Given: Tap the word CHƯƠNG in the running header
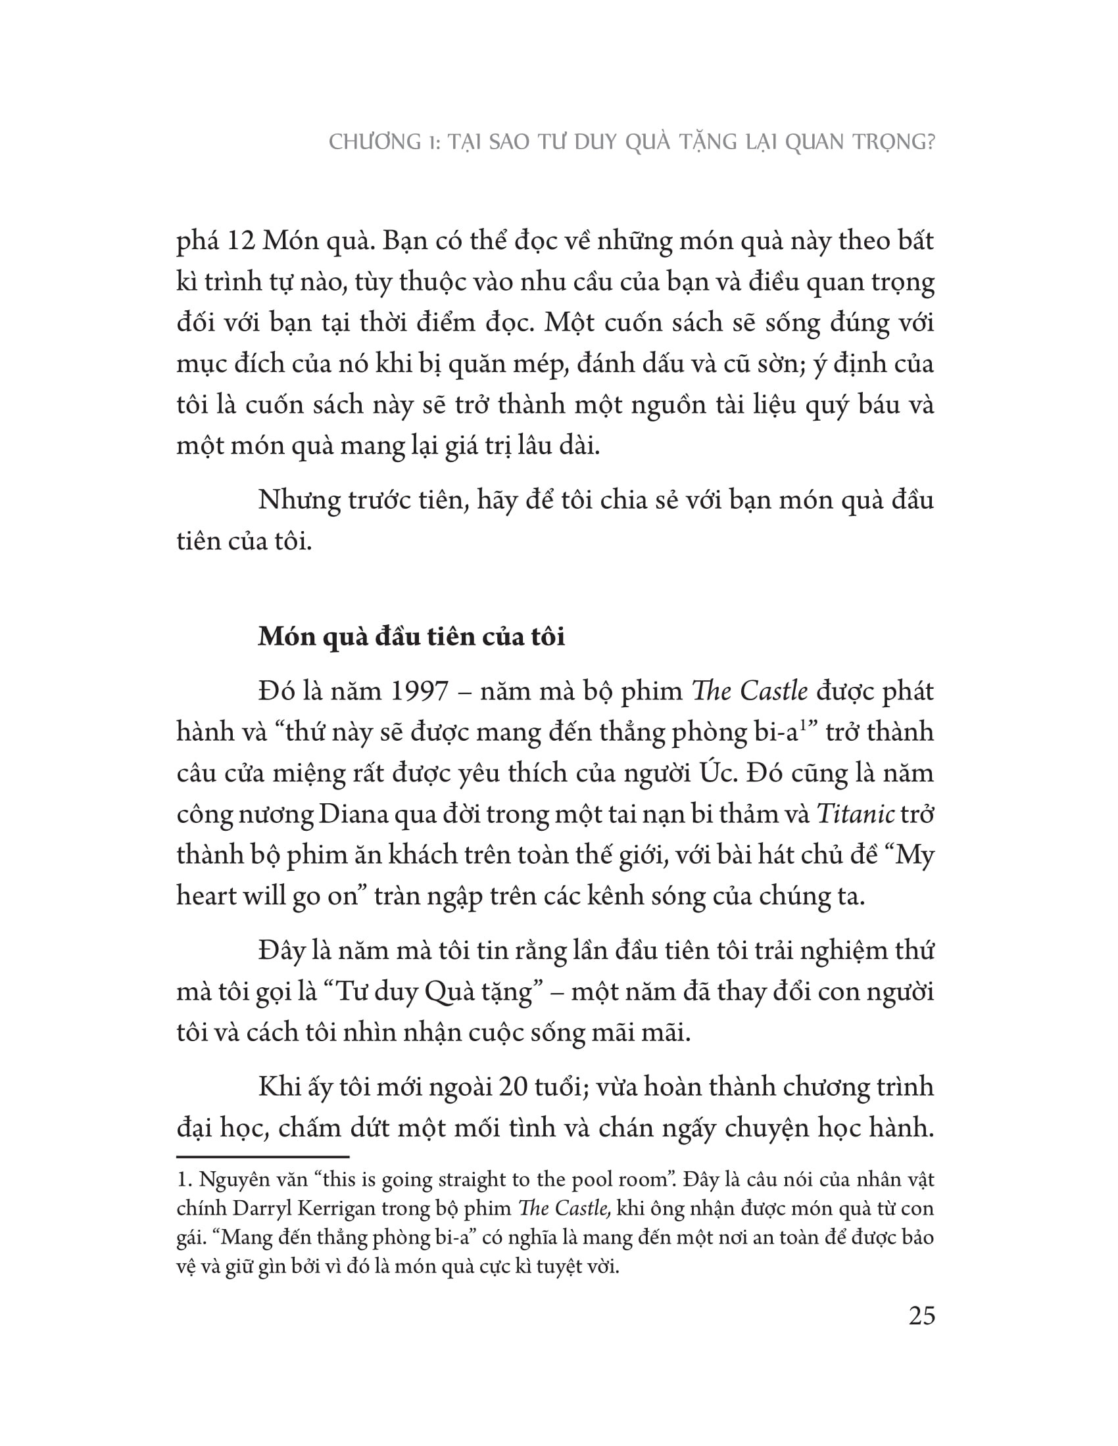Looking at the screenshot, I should tap(375, 142).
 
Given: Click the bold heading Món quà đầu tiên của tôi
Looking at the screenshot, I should tap(411, 636).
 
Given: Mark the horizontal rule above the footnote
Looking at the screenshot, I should tap(263, 1157).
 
